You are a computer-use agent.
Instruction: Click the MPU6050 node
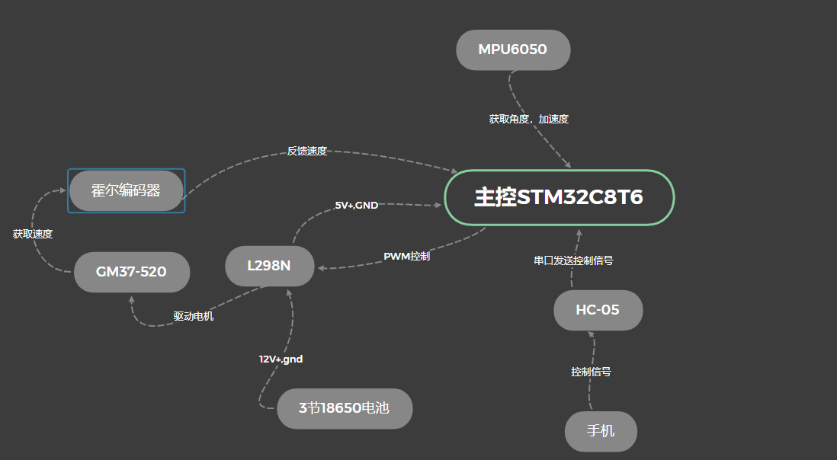click(x=513, y=50)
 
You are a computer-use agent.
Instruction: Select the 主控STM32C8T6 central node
click(x=559, y=197)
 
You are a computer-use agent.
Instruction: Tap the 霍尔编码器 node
click(x=126, y=190)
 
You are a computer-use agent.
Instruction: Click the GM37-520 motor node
click(x=131, y=272)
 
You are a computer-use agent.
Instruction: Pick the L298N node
click(x=269, y=266)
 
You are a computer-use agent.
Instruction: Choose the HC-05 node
click(x=598, y=310)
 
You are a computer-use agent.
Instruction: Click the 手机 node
click(x=601, y=431)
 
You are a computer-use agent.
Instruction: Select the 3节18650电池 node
click(x=344, y=408)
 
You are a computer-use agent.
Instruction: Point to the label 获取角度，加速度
click(x=528, y=120)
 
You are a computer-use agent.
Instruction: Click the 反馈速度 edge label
click(x=306, y=151)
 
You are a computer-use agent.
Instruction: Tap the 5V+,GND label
click(x=356, y=206)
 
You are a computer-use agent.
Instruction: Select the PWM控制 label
click(x=406, y=256)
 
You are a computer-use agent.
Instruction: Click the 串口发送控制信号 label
click(x=573, y=260)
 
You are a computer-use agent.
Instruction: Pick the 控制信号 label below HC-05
click(x=591, y=372)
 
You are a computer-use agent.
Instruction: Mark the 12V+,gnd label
click(x=281, y=359)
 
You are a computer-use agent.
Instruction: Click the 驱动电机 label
click(x=193, y=317)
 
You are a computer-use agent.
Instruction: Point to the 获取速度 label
click(x=33, y=235)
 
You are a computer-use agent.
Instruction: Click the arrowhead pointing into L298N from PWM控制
click(x=321, y=268)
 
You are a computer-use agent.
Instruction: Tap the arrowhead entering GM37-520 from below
click(x=131, y=299)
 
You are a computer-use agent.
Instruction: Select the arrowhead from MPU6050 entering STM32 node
click(x=567, y=164)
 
